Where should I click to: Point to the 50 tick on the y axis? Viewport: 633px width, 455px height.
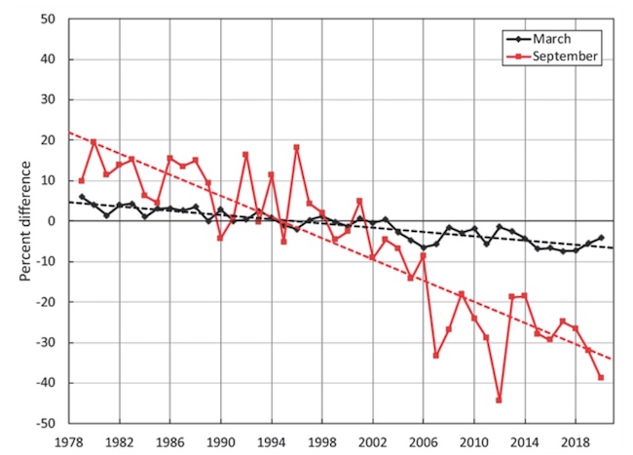click(x=47, y=19)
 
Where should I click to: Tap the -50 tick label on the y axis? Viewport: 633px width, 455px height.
click(x=44, y=424)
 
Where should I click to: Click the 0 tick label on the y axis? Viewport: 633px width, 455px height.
click(x=51, y=221)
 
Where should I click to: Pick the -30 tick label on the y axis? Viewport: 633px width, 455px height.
click(x=44, y=343)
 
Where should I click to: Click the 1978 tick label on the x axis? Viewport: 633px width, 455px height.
click(x=68, y=440)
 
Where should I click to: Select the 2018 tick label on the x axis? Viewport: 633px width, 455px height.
click(x=576, y=440)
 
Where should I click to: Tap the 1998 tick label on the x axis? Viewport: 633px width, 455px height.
click(x=322, y=440)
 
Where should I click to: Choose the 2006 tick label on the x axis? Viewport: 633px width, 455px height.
click(x=424, y=440)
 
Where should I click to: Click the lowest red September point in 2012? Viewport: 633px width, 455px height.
click(x=500, y=400)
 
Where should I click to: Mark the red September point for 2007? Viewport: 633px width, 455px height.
click(x=436, y=356)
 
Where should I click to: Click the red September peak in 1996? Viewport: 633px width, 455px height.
click(x=296, y=147)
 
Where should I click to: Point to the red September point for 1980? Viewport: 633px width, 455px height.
click(x=93, y=142)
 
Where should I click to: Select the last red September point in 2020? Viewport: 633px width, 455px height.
click(x=601, y=378)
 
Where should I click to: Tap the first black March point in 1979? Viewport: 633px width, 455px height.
click(x=81, y=197)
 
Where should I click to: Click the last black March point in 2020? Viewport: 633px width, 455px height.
click(x=601, y=238)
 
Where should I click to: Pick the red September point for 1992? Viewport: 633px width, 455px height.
click(x=245, y=154)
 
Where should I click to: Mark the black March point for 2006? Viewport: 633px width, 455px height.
click(x=424, y=247)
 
